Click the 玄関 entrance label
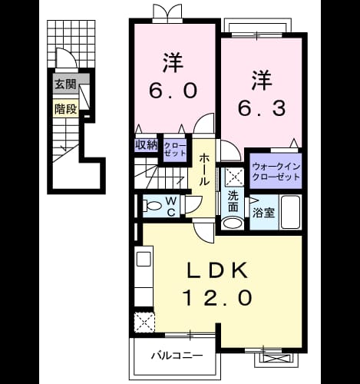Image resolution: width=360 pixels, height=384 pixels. pos(66,84)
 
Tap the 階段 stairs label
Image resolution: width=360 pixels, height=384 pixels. pos(66,109)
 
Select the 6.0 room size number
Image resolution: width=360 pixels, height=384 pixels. pos(173,91)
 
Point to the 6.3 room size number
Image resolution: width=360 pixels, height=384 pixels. pos(262,108)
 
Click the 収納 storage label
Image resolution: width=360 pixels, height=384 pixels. pos(146,145)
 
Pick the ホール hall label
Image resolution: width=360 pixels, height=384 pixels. pos(204,169)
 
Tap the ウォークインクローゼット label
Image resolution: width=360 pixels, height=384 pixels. pos(276,171)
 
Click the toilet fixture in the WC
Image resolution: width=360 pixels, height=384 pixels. pos(152,206)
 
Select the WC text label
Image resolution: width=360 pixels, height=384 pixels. pos(171,207)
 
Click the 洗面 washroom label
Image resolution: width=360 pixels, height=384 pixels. pos(233,201)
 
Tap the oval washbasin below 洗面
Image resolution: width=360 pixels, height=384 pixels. pos(233,223)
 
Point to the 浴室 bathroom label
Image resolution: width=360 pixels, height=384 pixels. pos(263,213)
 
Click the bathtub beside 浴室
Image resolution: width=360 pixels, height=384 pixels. pos(291,212)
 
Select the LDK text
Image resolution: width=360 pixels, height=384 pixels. pos(218,270)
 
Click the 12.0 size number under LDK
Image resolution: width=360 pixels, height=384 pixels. pos(218,297)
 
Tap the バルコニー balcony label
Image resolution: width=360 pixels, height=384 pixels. pos(177,356)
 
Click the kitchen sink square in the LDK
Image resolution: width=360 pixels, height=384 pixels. pos(144,259)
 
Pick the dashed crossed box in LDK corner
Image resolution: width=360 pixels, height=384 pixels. pos(144,323)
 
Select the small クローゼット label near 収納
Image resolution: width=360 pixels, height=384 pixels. pos(175,149)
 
